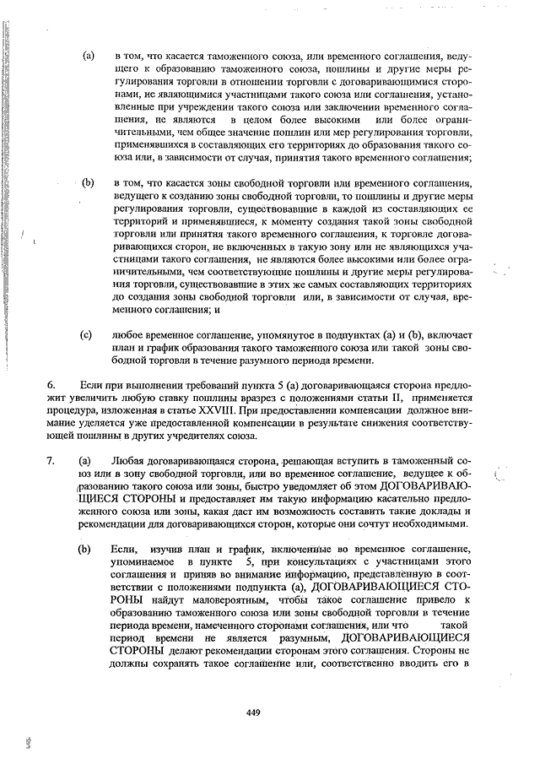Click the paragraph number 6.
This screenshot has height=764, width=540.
(51, 384)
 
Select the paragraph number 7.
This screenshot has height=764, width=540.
(51, 461)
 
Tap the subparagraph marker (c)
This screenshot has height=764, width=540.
(86, 334)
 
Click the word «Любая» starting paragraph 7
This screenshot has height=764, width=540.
(128, 461)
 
